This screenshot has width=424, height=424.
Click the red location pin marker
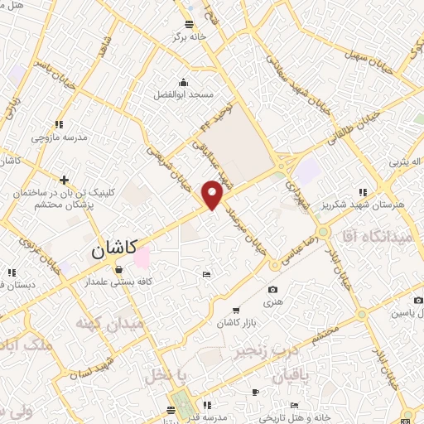213,195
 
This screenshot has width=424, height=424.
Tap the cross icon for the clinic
64,179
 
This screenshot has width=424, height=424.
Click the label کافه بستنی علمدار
122,282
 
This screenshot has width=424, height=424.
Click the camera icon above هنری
273,289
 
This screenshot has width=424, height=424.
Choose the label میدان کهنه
109,322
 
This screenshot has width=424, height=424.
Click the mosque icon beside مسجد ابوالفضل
184,83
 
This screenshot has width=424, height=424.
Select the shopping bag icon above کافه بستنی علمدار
119,269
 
